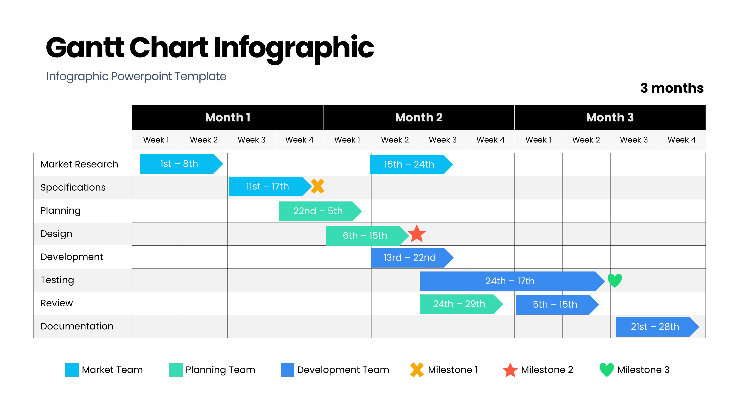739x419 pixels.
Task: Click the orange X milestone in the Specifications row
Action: pos(317,186)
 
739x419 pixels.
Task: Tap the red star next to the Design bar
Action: pos(416,234)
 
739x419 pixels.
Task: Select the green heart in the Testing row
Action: pos(615,280)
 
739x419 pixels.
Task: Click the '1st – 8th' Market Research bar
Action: pos(181,164)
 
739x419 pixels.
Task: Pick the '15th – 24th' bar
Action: pos(411,164)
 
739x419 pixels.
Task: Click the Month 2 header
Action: pos(419,117)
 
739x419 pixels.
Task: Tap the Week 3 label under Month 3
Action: pos(634,140)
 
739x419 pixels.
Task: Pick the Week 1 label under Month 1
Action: pos(156,140)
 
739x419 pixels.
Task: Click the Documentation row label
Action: pos(77,326)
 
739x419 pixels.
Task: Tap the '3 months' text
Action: pos(672,88)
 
